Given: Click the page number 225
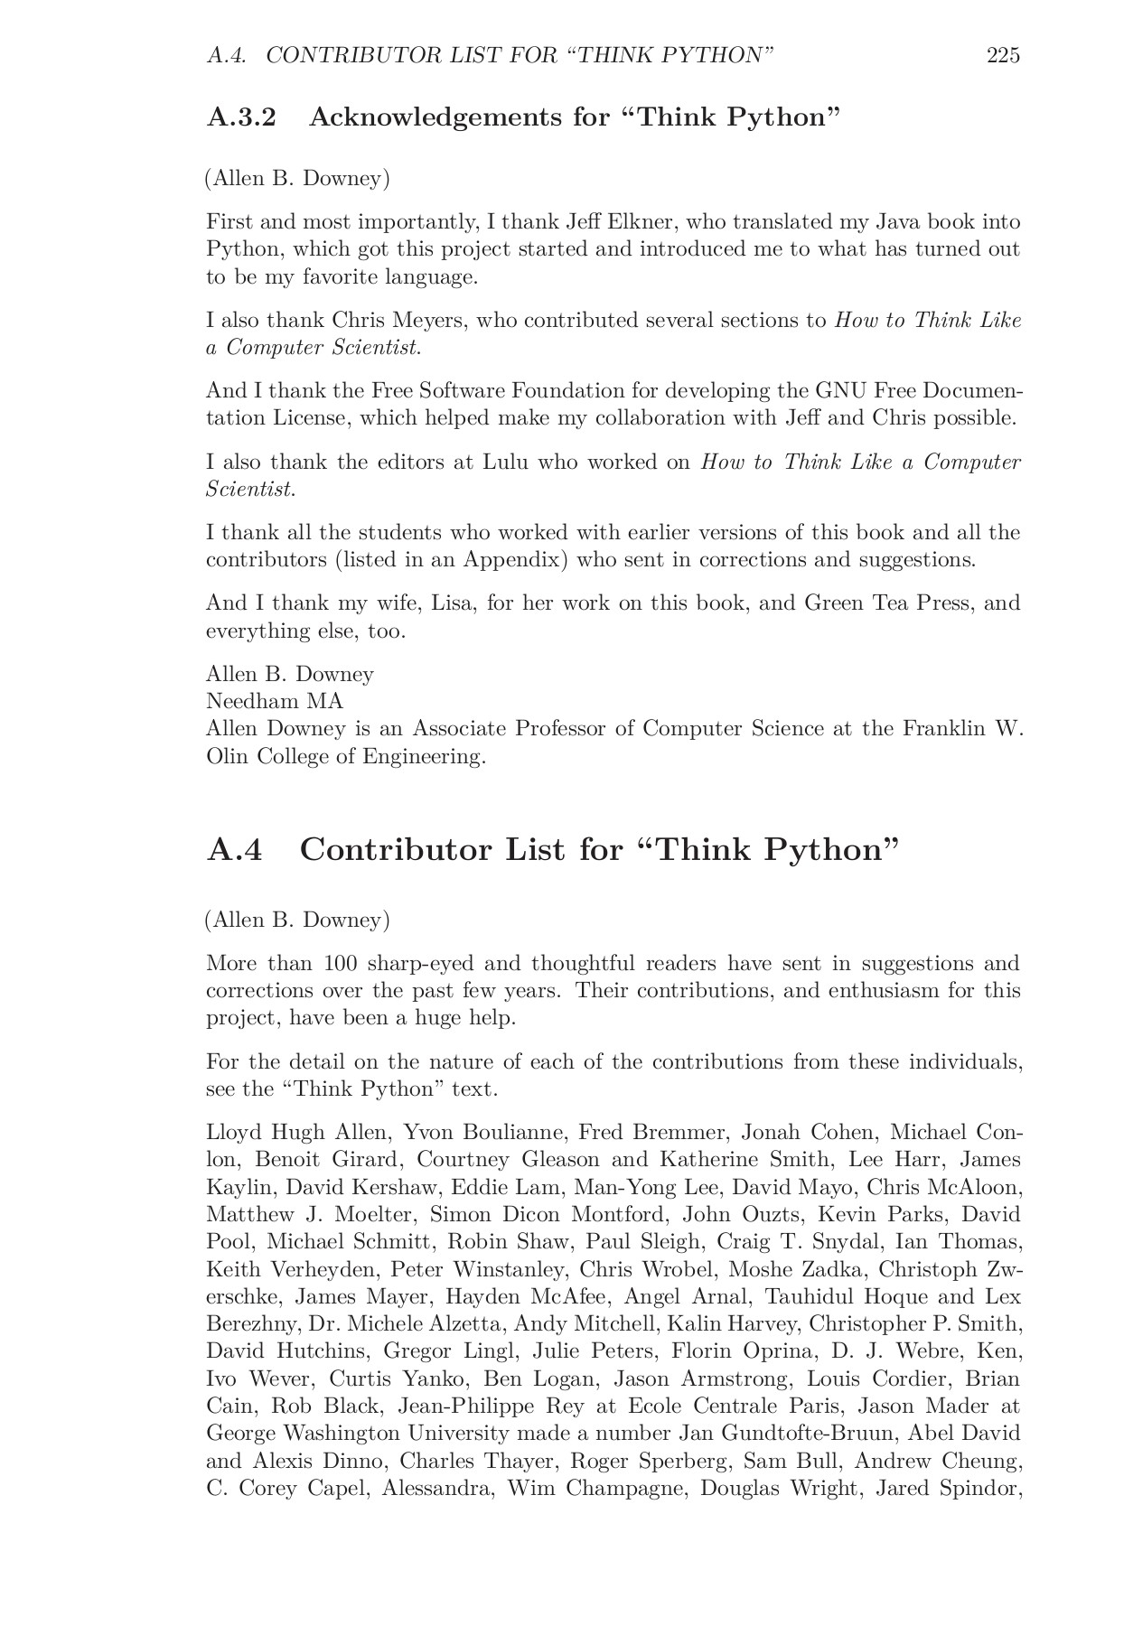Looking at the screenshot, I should (1003, 56).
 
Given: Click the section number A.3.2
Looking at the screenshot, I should (241, 117).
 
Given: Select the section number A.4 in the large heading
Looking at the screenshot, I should (235, 850).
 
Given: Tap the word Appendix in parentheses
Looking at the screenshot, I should (511, 560).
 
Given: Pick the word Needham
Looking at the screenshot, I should (252, 702).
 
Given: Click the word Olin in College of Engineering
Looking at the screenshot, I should (227, 756).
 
